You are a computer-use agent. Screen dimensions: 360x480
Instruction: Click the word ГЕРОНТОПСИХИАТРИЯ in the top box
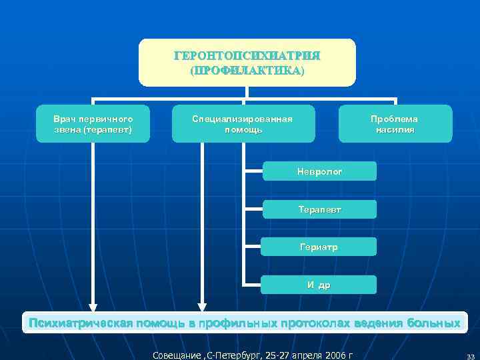click(247, 55)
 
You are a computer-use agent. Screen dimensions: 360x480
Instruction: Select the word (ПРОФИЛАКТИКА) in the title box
click(247, 70)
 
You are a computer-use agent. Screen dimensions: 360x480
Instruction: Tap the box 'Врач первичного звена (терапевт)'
click(93, 124)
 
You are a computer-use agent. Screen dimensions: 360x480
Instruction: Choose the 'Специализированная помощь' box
click(243, 124)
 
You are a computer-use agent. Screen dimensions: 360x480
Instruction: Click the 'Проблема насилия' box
click(395, 124)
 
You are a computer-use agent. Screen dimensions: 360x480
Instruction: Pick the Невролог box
click(319, 171)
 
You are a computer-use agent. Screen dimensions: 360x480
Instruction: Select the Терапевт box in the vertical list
click(319, 209)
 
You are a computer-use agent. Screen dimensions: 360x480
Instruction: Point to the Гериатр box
click(319, 247)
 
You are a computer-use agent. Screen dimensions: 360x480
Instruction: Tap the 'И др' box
click(319, 285)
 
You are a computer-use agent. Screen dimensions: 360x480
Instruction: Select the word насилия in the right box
click(395, 130)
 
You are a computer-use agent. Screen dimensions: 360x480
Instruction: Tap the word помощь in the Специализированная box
click(243, 130)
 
